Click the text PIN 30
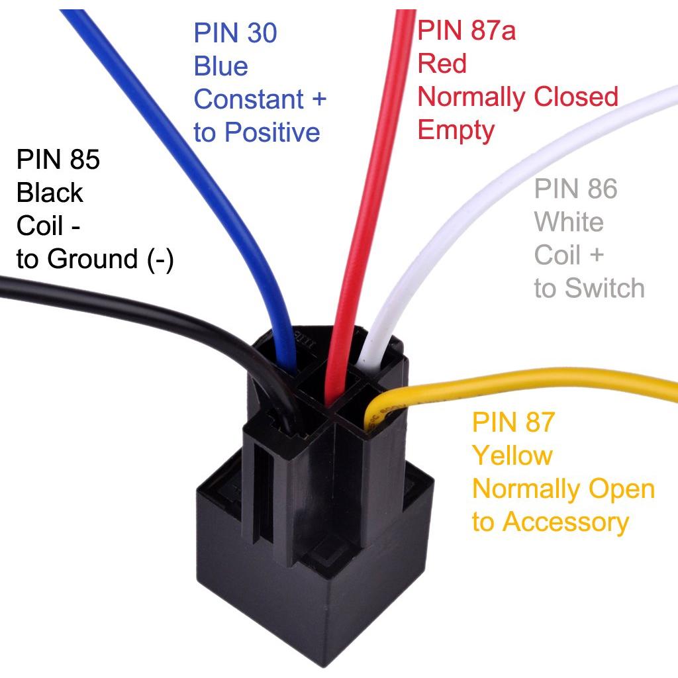click(235, 33)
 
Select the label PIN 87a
click(467, 30)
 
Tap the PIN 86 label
click(575, 189)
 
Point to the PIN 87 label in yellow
click(513, 422)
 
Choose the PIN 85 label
click(58, 160)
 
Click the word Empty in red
click(456, 130)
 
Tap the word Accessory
click(565, 522)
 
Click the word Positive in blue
click(272, 132)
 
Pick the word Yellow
click(512, 456)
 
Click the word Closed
click(575, 97)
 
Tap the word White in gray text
click(569, 222)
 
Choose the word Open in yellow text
click(620, 489)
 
